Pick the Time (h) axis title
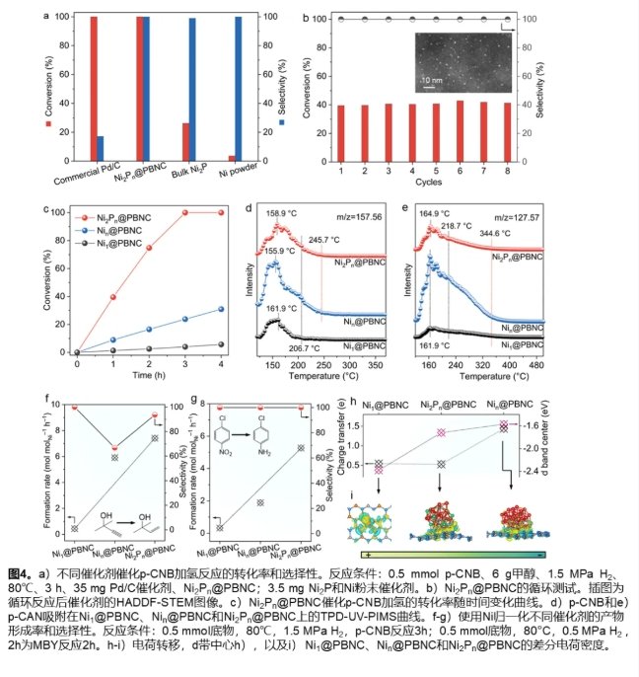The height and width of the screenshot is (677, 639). coord(144,375)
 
